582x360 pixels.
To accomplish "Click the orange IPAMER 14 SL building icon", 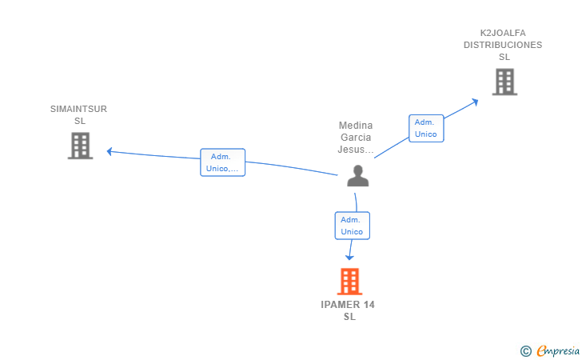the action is point(349,282).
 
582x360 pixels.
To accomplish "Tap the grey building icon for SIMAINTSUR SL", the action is point(80,146).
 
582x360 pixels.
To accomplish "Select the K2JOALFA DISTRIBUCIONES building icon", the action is point(504,82).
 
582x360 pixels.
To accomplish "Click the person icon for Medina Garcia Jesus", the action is point(358,176).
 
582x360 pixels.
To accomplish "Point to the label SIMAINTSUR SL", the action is point(78,114).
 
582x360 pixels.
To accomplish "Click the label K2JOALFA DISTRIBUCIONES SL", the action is point(503,45).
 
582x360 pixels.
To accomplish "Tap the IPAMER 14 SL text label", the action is point(348,310).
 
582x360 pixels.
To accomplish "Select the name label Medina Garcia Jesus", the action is point(356,138).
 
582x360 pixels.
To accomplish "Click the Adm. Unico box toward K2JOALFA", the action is point(426,128).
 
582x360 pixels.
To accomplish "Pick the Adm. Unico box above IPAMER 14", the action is point(353,226).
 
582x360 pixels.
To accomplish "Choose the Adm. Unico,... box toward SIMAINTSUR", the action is point(223,162).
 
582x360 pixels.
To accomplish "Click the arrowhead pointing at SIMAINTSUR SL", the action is point(110,151).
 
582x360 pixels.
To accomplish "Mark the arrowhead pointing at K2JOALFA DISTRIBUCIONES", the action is point(475,102).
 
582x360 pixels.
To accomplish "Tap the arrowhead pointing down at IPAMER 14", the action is point(349,257).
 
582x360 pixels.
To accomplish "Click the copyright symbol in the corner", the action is point(525,351).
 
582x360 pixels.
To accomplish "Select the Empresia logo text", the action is point(558,351).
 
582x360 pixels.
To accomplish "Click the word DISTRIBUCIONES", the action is point(503,45).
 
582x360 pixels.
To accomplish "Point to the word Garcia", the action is point(356,138).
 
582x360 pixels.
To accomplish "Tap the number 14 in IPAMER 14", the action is point(369,305).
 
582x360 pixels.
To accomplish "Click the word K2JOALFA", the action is point(503,33).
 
